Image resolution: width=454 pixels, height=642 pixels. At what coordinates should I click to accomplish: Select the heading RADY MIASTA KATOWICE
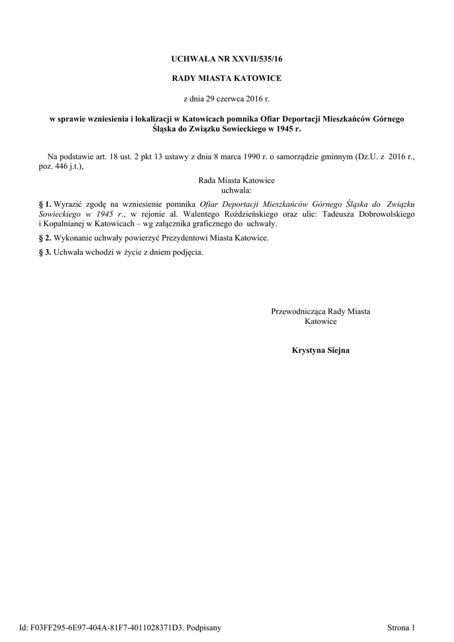pyautogui.click(x=227, y=78)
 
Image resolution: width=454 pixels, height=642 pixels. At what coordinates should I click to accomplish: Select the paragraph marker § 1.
pyautogui.click(x=45, y=204)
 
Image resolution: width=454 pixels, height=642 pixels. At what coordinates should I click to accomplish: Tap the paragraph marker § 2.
pyautogui.click(x=45, y=239)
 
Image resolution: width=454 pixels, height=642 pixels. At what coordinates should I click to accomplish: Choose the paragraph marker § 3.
pyautogui.click(x=45, y=253)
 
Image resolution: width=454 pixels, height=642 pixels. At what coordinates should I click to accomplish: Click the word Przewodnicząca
pyautogui.click(x=299, y=311)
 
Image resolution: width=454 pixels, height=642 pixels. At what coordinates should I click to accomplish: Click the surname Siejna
pyautogui.click(x=338, y=350)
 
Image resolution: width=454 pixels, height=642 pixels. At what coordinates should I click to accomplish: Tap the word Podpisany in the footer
pyautogui.click(x=205, y=627)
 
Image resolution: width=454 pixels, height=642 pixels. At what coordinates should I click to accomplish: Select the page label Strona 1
pyautogui.click(x=401, y=627)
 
